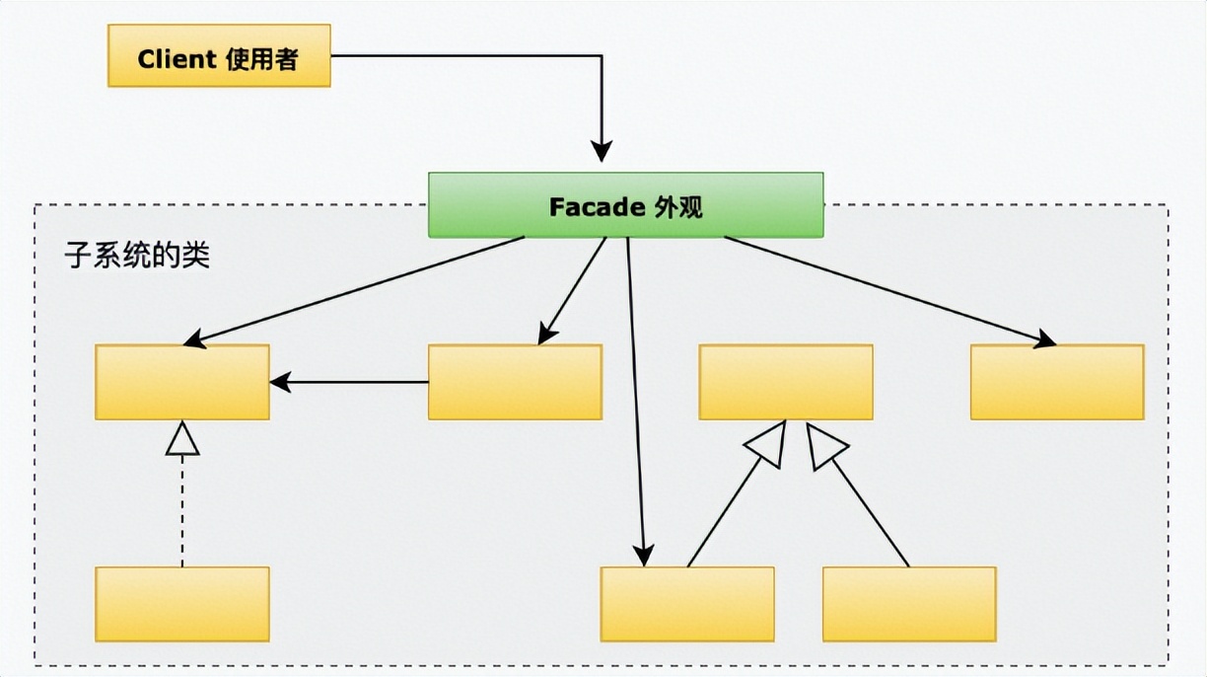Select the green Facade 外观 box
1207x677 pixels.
625,205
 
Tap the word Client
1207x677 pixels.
177,59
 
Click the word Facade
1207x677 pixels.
597,207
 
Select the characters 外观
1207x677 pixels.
678,207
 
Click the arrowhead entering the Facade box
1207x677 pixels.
602,151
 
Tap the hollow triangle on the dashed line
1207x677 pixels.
182,437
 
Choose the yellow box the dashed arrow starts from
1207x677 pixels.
182,604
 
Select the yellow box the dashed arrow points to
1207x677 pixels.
182,382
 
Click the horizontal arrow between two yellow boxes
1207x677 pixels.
350,381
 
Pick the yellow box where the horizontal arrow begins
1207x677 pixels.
515,382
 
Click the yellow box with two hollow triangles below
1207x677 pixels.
786,382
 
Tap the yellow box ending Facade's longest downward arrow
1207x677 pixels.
687,604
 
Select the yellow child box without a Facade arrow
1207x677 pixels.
909,604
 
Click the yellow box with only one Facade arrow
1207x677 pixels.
1057,382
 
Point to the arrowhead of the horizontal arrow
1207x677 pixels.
280,381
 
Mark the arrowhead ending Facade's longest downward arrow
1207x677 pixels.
644,556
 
